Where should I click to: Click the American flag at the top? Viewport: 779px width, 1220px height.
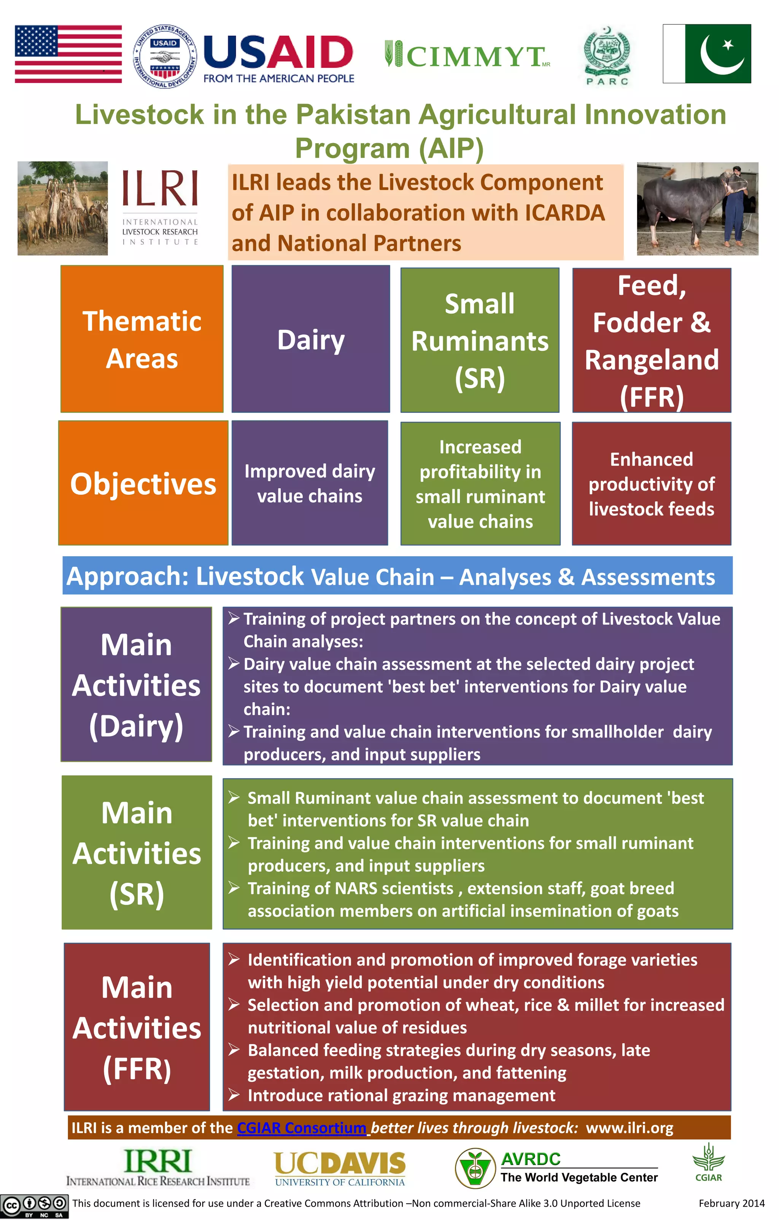tap(68, 54)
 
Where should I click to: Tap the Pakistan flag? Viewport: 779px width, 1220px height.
tap(707, 54)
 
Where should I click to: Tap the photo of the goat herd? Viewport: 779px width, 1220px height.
tap(63, 208)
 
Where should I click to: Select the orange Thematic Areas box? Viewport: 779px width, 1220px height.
tap(142, 339)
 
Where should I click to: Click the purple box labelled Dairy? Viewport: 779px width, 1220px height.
tap(310, 339)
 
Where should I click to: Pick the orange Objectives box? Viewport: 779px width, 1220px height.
tap(143, 483)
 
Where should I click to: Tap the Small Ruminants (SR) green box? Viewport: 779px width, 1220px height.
tap(480, 340)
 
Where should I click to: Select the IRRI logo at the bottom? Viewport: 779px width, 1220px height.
tap(158, 1166)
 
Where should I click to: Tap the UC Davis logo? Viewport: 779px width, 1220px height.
tap(339, 1168)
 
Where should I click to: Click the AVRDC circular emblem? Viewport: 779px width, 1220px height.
tap(475, 1168)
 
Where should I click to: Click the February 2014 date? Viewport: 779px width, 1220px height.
tap(731, 1203)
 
